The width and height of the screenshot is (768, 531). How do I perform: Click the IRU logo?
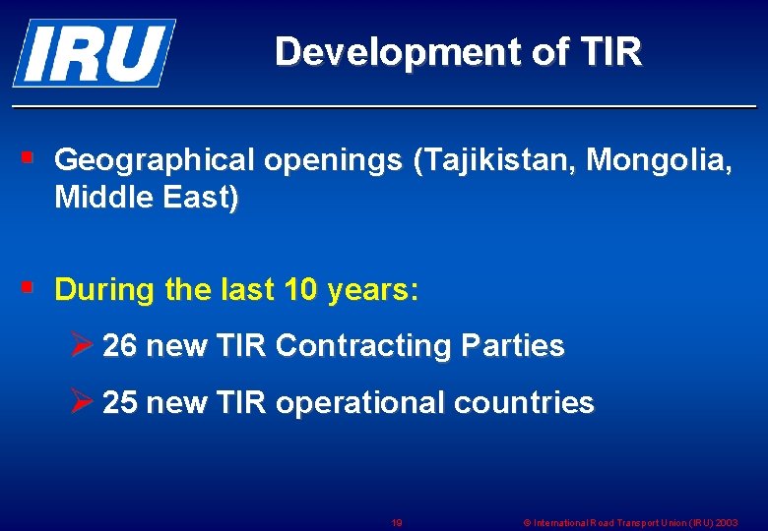pyautogui.click(x=94, y=52)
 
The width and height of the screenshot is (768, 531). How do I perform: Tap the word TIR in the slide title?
pyautogui.click(x=612, y=51)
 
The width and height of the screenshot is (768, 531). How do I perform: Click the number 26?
pyautogui.click(x=120, y=346)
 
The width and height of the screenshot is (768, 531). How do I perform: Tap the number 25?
pyautogui.click(x=120, y=403)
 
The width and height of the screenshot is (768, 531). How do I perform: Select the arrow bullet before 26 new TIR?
pyautogui.click(x=84, y=345)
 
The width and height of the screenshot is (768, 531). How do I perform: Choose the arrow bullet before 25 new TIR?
pyautogui.click(x=84, y=402)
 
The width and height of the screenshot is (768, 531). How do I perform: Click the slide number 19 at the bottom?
pyautogui.click(x=396, y=523)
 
